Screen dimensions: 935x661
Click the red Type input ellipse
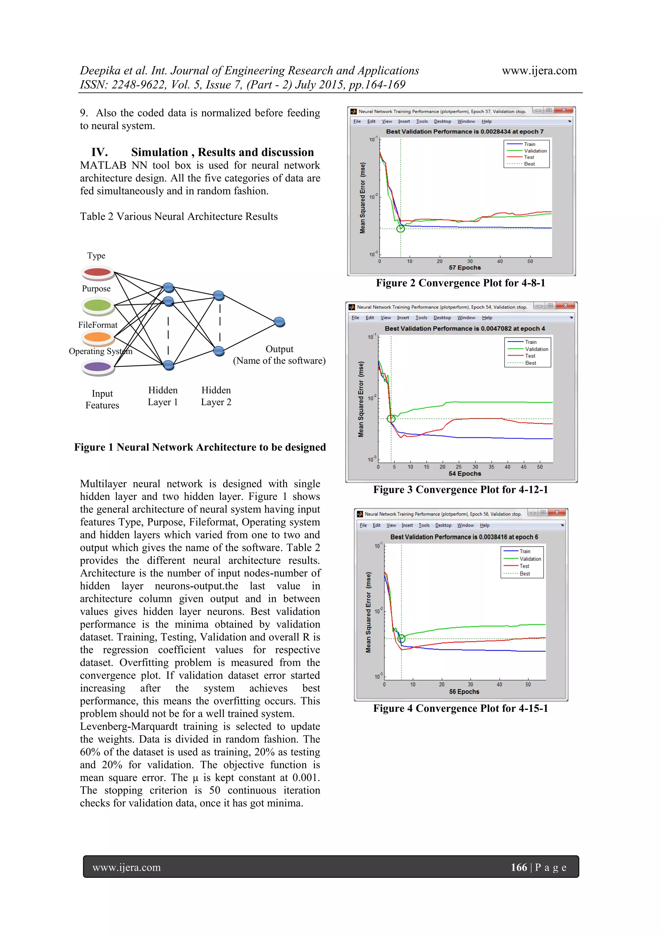97,272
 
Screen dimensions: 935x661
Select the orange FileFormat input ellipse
97,337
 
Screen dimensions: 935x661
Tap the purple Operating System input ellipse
97,367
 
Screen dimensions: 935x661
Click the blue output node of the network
279,322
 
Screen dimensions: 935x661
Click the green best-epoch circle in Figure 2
401,228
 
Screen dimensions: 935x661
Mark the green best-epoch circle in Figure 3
391,419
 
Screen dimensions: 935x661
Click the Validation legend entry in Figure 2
535,151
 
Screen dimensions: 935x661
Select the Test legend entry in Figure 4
524,566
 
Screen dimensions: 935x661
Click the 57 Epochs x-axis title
465,267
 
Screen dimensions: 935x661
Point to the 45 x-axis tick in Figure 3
524,467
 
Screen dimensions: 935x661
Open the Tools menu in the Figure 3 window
421,317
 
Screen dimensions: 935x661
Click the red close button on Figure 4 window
557,512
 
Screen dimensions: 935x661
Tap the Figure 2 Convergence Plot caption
460,283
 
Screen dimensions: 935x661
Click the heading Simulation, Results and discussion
222,152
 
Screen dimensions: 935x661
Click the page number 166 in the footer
519,867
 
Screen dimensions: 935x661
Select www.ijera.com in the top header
539,71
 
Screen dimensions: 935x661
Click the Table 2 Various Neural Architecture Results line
179,217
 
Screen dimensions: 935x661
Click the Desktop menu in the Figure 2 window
442,121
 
